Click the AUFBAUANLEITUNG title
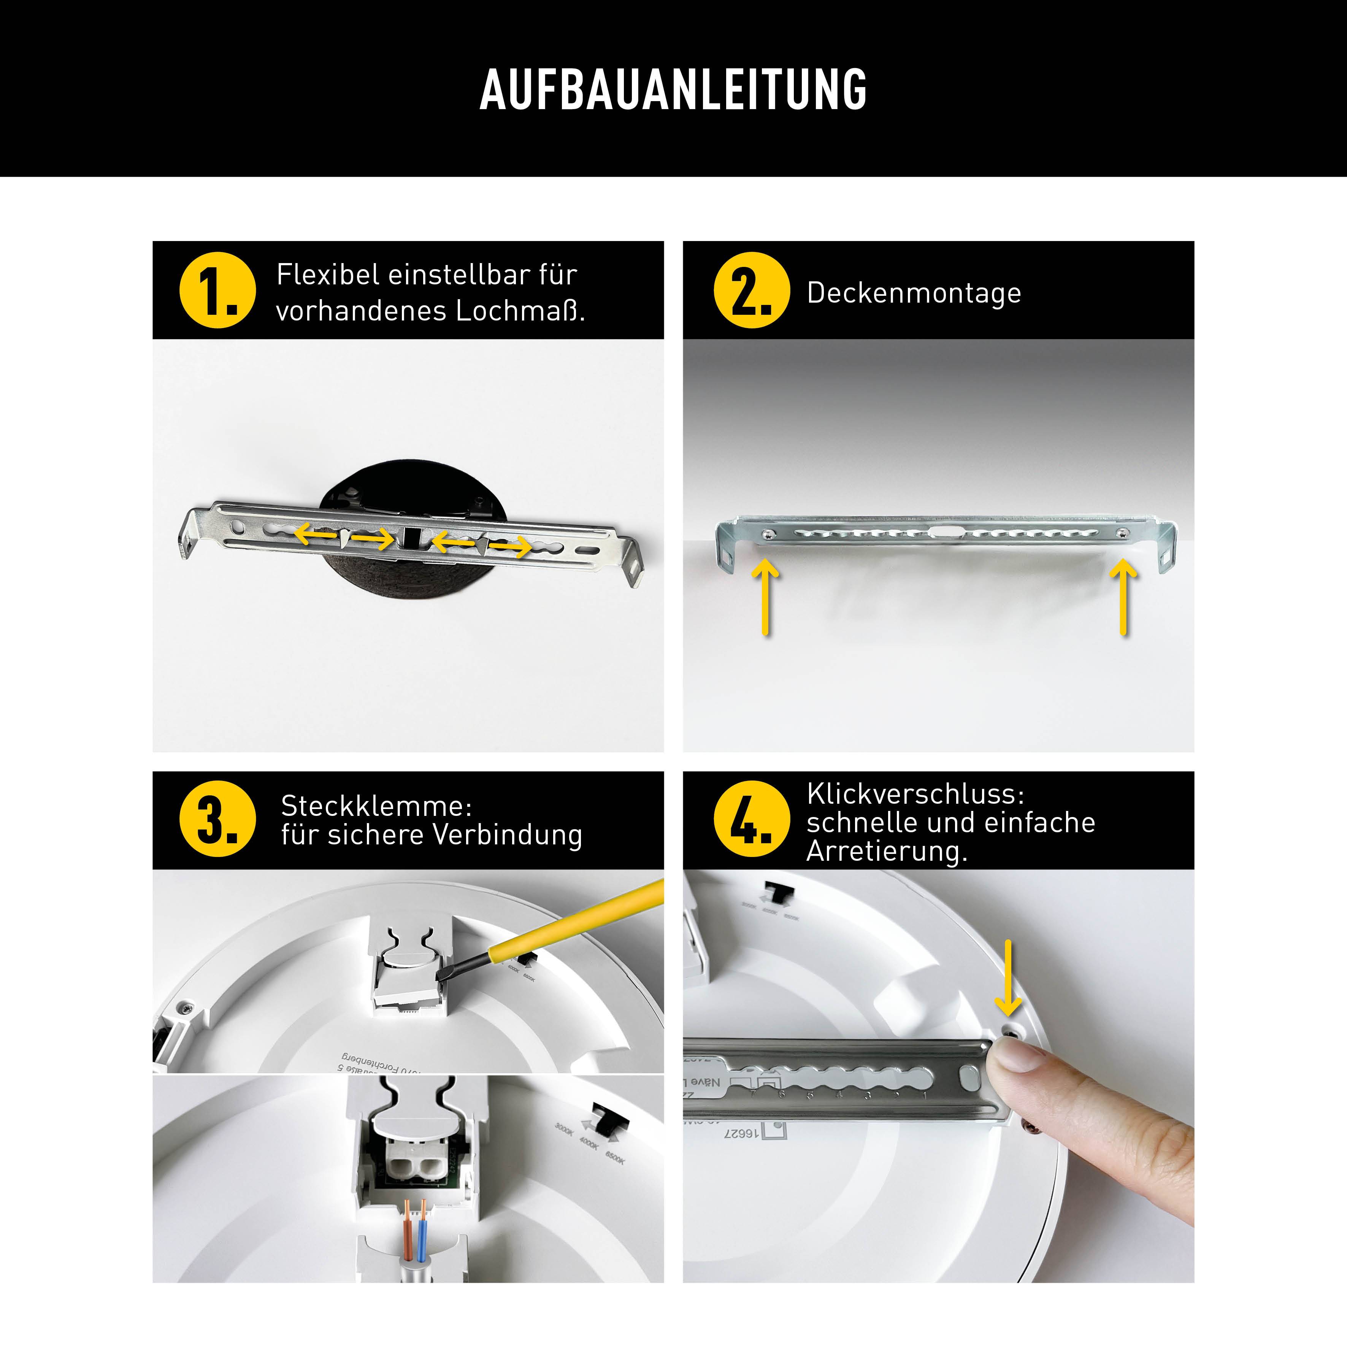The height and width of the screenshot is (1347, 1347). pyautogui.click(x=673, y=89)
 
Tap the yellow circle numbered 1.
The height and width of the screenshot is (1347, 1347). pyautogui.click(x=217, y=290)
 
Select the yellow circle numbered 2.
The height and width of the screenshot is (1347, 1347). pyautogui.click(x=752, y=290)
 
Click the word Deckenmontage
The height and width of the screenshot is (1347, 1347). pyautogui.click(x=913, y=293)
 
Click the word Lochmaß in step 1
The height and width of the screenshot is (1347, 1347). pyautogui.click(x=519, y=311)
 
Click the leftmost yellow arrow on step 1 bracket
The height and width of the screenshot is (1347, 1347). pyautogui.click(x=316, y=535)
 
